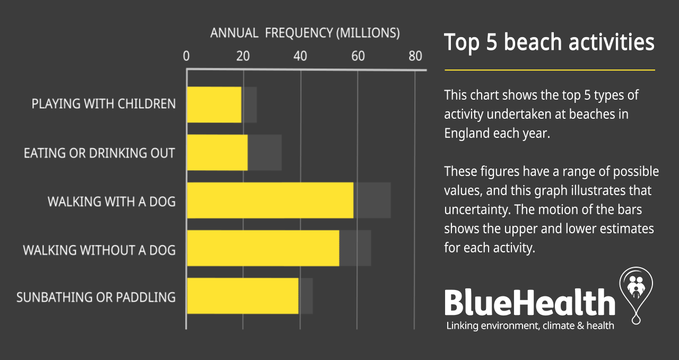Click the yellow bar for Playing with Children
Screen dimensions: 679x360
point(214,105)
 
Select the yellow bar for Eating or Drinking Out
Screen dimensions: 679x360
point(217,152)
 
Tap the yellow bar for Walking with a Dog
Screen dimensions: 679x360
point(271,200)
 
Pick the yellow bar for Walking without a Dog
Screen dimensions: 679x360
point(263,248)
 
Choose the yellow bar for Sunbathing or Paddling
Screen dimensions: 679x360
point(243,296)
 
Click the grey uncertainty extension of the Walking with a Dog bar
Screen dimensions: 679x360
point(372,200)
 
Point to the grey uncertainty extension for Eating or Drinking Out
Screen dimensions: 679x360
point(265,152)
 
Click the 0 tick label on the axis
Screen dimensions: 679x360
point(186,56)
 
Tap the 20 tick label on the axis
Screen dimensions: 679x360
point(243,56)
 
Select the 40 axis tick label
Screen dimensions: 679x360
point(300,56)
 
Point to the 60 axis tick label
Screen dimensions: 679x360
point(358,56)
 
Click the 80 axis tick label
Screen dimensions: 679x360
point(415,56)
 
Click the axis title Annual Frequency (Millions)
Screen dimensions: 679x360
point(305,33)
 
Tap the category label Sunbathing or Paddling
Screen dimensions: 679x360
point(96,297)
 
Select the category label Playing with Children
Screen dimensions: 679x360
point(103,103)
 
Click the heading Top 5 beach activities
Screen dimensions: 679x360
point(549,42)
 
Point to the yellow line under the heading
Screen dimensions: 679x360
point(550,70)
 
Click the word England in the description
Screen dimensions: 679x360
point(466,134)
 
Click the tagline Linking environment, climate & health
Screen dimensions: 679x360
point(530,326)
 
